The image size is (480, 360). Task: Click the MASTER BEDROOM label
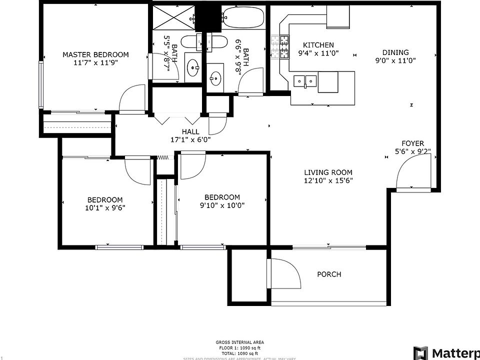tap(95, 55)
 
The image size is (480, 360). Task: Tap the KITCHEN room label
tap(315, 45)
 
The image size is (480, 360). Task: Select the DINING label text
tap(395, 52)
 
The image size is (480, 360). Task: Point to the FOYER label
tap(412, 143)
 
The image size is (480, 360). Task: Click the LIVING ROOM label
tap(328, 173)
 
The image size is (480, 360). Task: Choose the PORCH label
tap(329, 274)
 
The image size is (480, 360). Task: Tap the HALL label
tap(190, 132)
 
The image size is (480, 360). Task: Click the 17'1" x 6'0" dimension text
tap(190, 140)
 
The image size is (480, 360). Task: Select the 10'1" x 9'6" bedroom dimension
tap(105, 206)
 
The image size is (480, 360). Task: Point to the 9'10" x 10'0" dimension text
tap(222, 205)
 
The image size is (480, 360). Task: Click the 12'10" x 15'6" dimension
tap(328, 181)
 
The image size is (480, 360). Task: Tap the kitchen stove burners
tap(281, 46)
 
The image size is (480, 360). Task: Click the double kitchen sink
tap(305, 80)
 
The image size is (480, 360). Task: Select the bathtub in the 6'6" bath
tap(243, 18)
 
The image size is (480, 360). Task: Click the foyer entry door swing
tap(412, 175)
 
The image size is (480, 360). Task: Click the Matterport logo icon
tap(420, 352)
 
